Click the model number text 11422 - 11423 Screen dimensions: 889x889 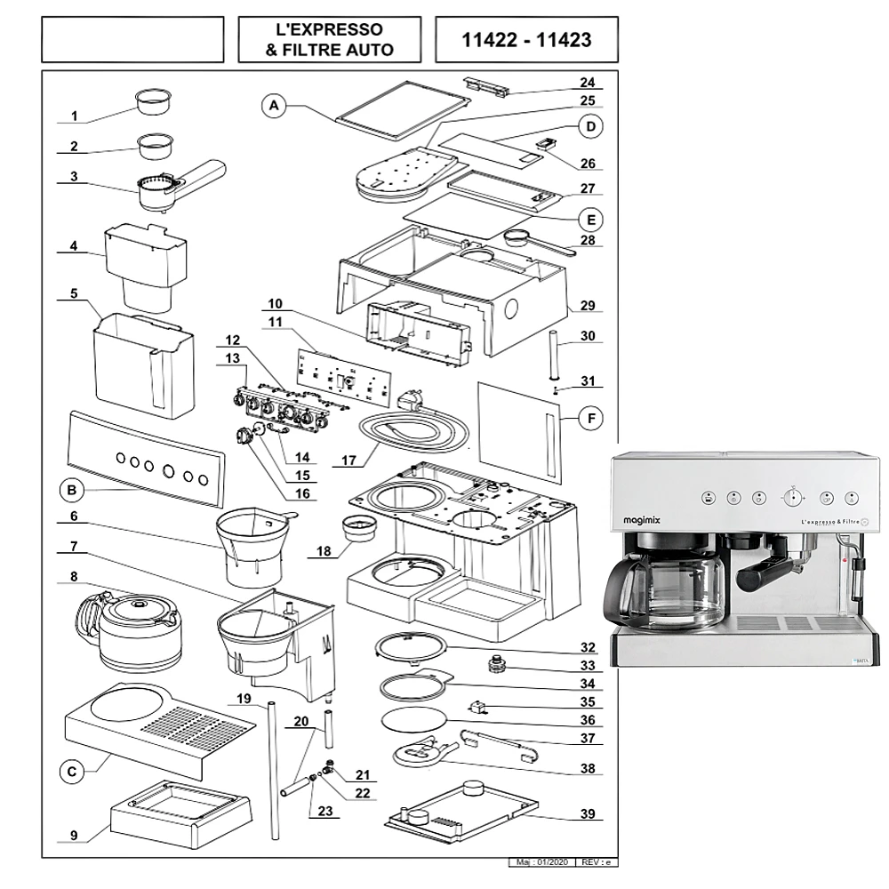pos(526,40)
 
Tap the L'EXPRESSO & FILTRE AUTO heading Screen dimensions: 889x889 pos(329,40)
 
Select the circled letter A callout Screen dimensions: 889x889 pos(275,106)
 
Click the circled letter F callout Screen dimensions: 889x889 pos(589,417)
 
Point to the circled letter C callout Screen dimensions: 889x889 pos(72,772)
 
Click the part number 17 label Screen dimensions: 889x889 pos(349,461)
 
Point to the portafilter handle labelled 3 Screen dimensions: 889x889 pos(178,183)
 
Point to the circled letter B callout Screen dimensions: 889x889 pos(72,489)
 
